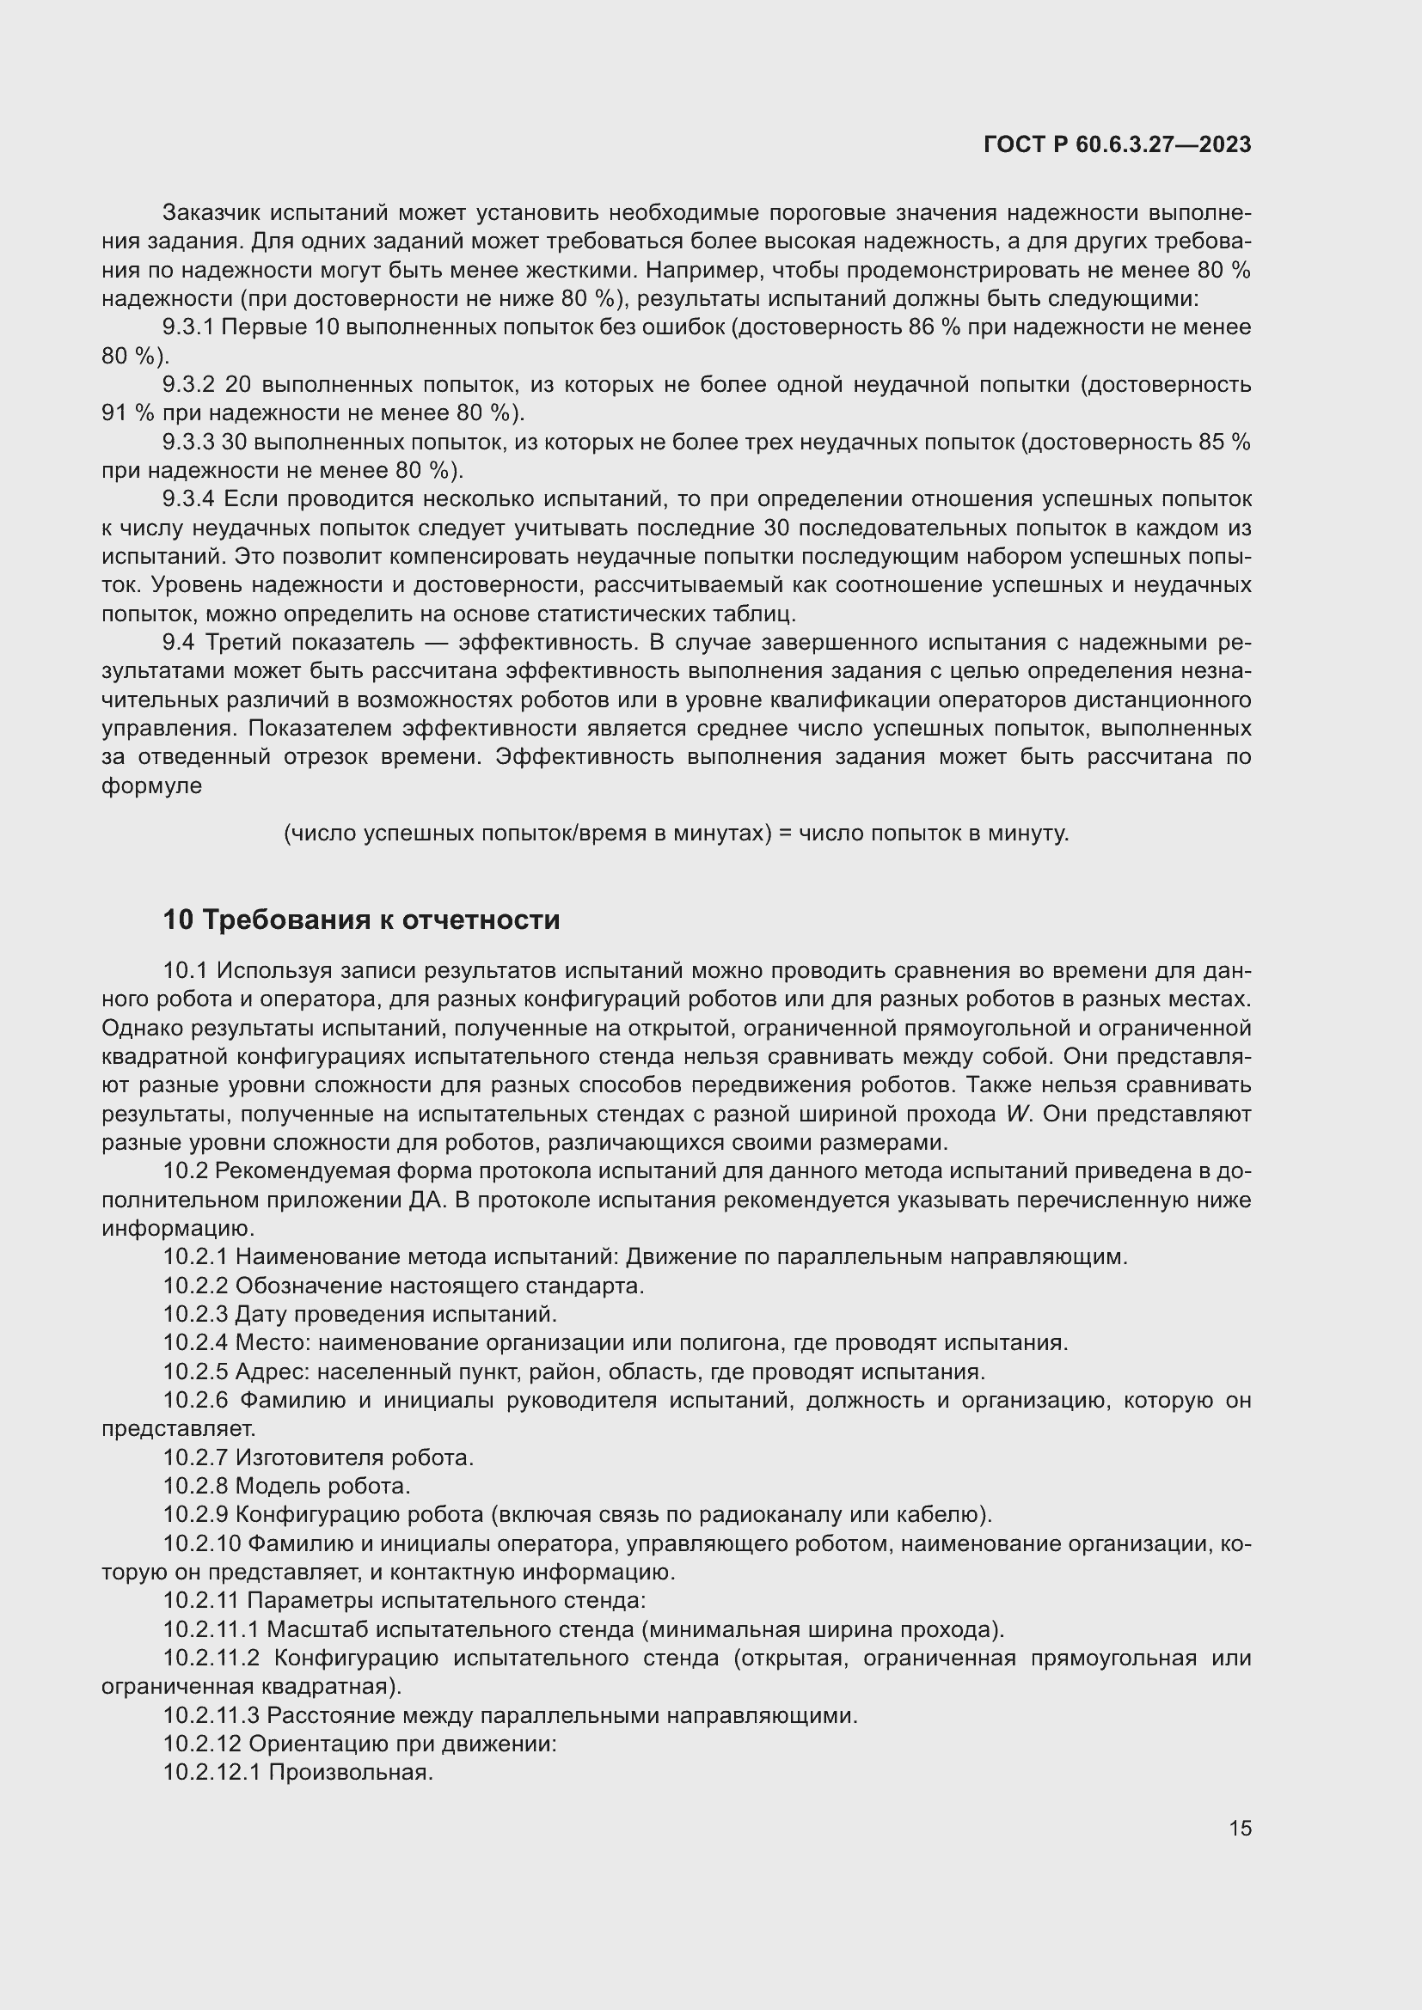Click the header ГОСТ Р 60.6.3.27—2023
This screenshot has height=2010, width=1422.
[1118, 144]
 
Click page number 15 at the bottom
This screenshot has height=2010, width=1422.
[1240, 1828]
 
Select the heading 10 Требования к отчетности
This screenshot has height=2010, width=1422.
[361, 920]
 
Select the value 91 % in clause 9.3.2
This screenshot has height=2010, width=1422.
[124, 413]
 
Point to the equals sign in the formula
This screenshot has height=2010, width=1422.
[785, 834]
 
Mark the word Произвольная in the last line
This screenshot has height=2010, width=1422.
[350, 1773]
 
